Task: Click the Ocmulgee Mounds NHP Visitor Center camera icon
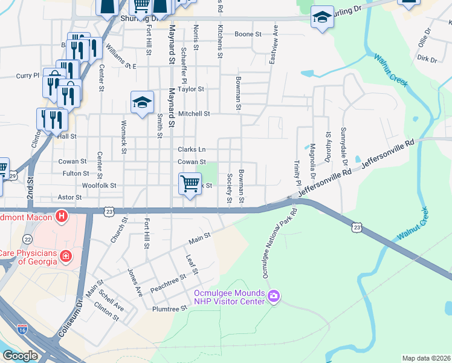point(274,295)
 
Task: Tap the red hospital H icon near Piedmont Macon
point(61,215)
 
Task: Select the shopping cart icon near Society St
point(190,183)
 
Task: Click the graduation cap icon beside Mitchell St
point(142,102)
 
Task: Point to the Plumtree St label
point(171,307)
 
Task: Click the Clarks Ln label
point(192,149)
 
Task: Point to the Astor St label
point(69,197)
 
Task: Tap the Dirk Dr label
point(427,59)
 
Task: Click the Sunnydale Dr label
point(343,148)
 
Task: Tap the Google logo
point(20,356)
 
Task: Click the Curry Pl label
point(27,76)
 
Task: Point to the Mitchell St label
point(194,113)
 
